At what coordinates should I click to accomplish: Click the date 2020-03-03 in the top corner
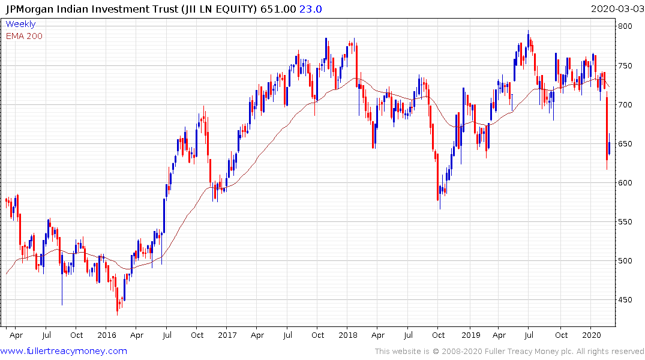pos(617,8)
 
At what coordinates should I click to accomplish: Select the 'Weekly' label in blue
pos(20,24)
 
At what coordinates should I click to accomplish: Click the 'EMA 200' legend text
pos(24,36)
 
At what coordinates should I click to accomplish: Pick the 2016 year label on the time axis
pos(106,334)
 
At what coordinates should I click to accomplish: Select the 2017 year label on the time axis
pos(227,334)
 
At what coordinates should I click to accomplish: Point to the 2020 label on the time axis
pos(592,334)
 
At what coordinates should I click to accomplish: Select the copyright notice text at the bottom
pos(509,352)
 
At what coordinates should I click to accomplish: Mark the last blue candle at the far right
pos(610,148)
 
